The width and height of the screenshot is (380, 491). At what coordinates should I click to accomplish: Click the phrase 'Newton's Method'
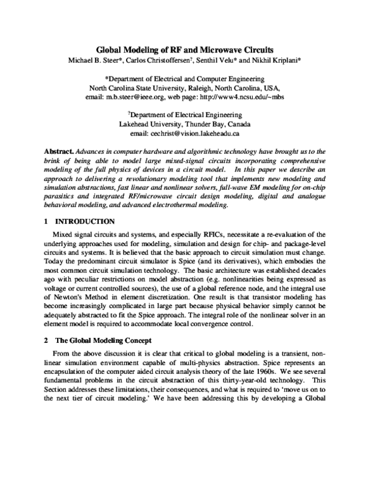pos(80,288)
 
